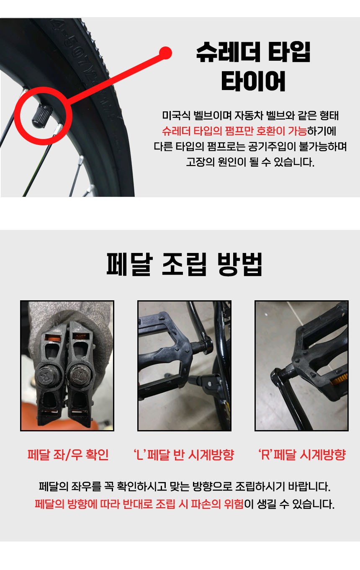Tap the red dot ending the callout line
[165, 53]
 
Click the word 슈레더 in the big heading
[228, 52]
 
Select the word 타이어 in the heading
[253, 81]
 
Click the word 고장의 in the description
[200, 162]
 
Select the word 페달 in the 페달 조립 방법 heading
[130, 264]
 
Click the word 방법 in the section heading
[240, 264]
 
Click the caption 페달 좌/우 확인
[68, 455]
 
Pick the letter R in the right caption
[265, 455]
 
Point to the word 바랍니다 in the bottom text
[309, 487]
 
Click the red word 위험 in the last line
[234, 504]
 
